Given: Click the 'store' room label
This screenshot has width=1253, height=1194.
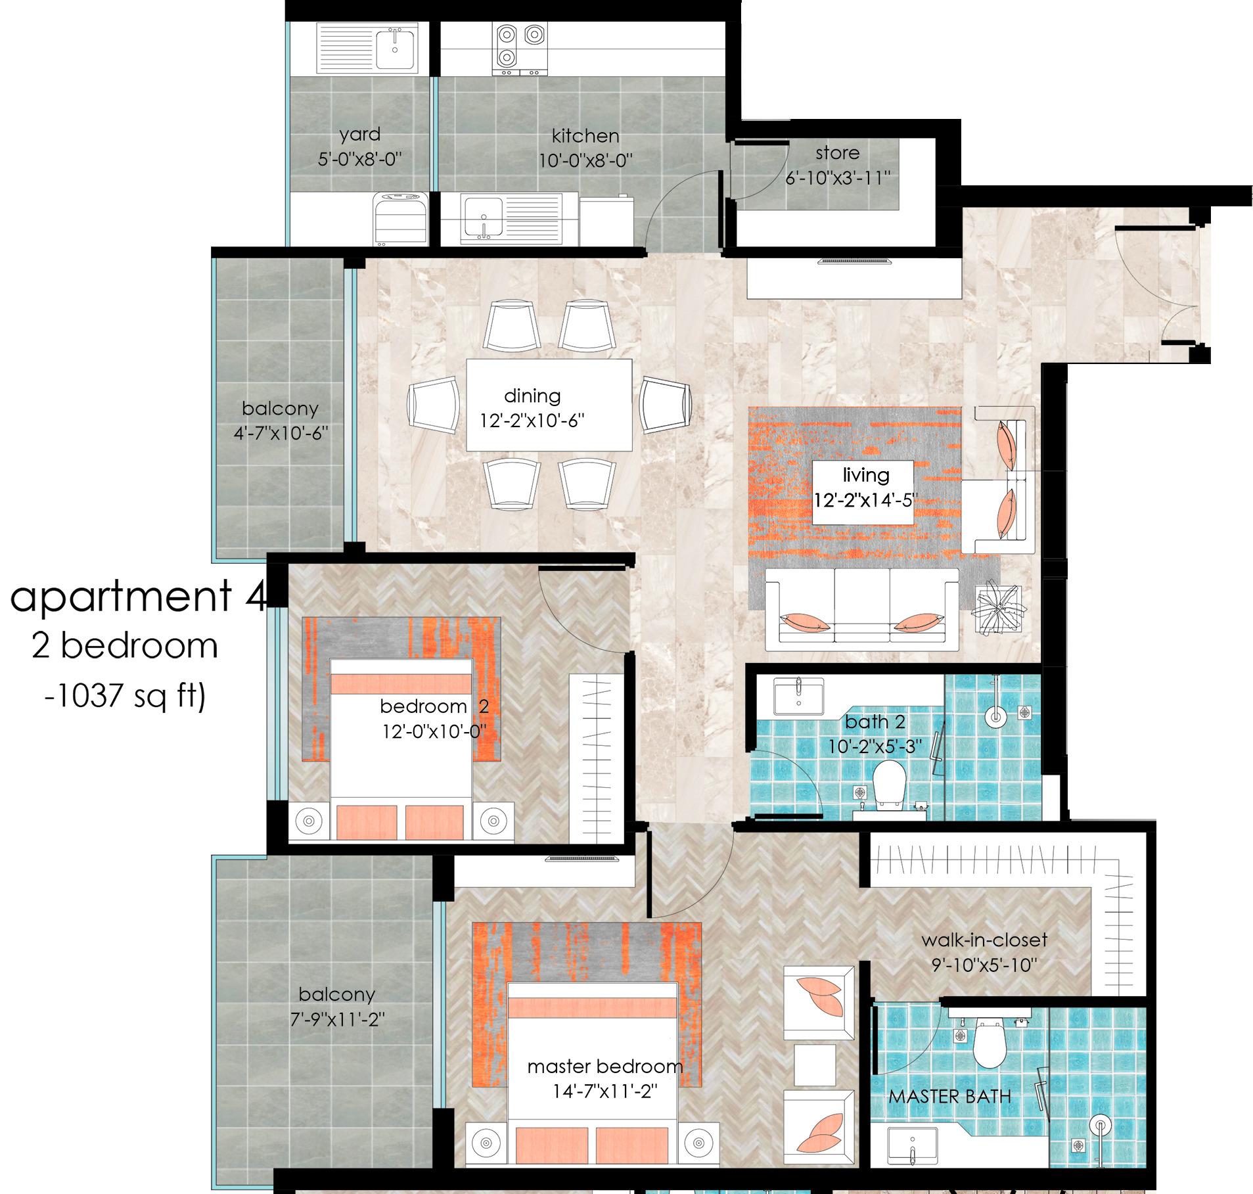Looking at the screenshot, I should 837,153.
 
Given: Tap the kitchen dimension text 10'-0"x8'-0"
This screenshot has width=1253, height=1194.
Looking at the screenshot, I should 585,161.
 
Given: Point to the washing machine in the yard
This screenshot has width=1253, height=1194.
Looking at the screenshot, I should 400,218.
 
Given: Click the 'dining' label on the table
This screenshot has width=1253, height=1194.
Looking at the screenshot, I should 532,396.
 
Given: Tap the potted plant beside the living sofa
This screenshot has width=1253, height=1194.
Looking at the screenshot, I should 997,608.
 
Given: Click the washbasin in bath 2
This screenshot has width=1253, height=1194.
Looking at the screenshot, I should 798,697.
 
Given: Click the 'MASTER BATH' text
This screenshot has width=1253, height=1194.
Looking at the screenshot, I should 949,1097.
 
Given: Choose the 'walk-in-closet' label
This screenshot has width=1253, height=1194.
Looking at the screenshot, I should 984,940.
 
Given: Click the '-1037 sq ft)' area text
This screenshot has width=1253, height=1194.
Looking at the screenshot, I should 125,696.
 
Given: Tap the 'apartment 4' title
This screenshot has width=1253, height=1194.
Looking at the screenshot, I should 138,596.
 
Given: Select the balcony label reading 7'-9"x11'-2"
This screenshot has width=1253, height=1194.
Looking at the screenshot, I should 337,1019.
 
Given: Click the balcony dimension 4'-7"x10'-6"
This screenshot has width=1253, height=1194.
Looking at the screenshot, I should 281,433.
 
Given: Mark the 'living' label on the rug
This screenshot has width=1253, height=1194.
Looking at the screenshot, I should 866,475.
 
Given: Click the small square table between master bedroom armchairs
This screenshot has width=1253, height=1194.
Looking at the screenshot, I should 815,1065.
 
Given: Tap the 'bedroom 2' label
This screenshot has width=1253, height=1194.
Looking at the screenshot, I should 434,706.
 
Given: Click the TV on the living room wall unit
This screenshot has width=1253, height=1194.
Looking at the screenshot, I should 855,262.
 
